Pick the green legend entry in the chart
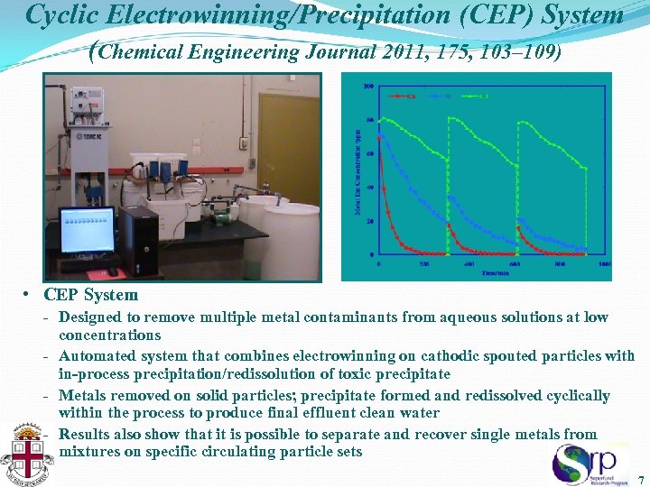click(479, 96)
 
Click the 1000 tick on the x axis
click(604, 264)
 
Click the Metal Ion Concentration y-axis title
click(358, 172)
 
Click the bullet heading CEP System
click(90, 295)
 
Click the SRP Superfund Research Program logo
click(590, 464)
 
